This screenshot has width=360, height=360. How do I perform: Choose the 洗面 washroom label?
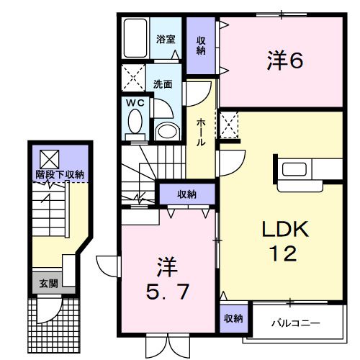tap(162, 84)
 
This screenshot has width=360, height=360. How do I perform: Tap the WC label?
tap(135, 103)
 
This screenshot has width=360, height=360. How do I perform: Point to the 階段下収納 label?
tap(61, 174)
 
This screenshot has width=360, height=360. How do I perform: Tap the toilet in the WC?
tap(135, 125)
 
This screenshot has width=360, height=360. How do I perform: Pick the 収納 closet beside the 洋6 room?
tap(201, 45)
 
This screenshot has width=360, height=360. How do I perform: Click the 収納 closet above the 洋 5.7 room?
tap(186, 194)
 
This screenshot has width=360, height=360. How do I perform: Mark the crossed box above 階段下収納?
tap(49, 158)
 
